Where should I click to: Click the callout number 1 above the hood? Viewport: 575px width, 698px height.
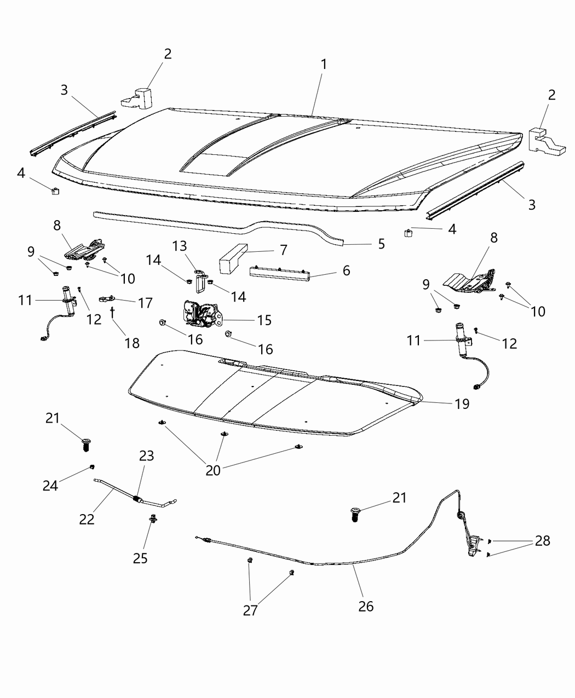(324, 65)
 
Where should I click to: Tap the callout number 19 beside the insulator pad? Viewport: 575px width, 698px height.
(462, 404)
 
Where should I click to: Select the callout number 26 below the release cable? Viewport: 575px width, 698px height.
(366, 606)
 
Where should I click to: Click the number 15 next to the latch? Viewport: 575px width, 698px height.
(264, 320)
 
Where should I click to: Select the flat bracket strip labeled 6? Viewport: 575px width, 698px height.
(279, 272)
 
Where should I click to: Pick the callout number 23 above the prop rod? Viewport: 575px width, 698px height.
(146, 456)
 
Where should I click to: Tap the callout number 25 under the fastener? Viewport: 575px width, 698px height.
(140, 558)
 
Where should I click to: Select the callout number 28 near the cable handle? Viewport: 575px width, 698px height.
(542, 541)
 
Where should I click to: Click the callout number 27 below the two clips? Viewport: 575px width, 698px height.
(250, 611)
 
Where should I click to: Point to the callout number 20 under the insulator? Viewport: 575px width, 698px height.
(213, 470)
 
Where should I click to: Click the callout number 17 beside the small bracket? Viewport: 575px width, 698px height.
(145, 302)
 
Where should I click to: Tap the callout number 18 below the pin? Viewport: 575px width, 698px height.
(132, 343)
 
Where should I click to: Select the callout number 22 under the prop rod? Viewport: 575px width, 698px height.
(87, 519)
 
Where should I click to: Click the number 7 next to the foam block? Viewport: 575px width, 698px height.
(283, 250)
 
